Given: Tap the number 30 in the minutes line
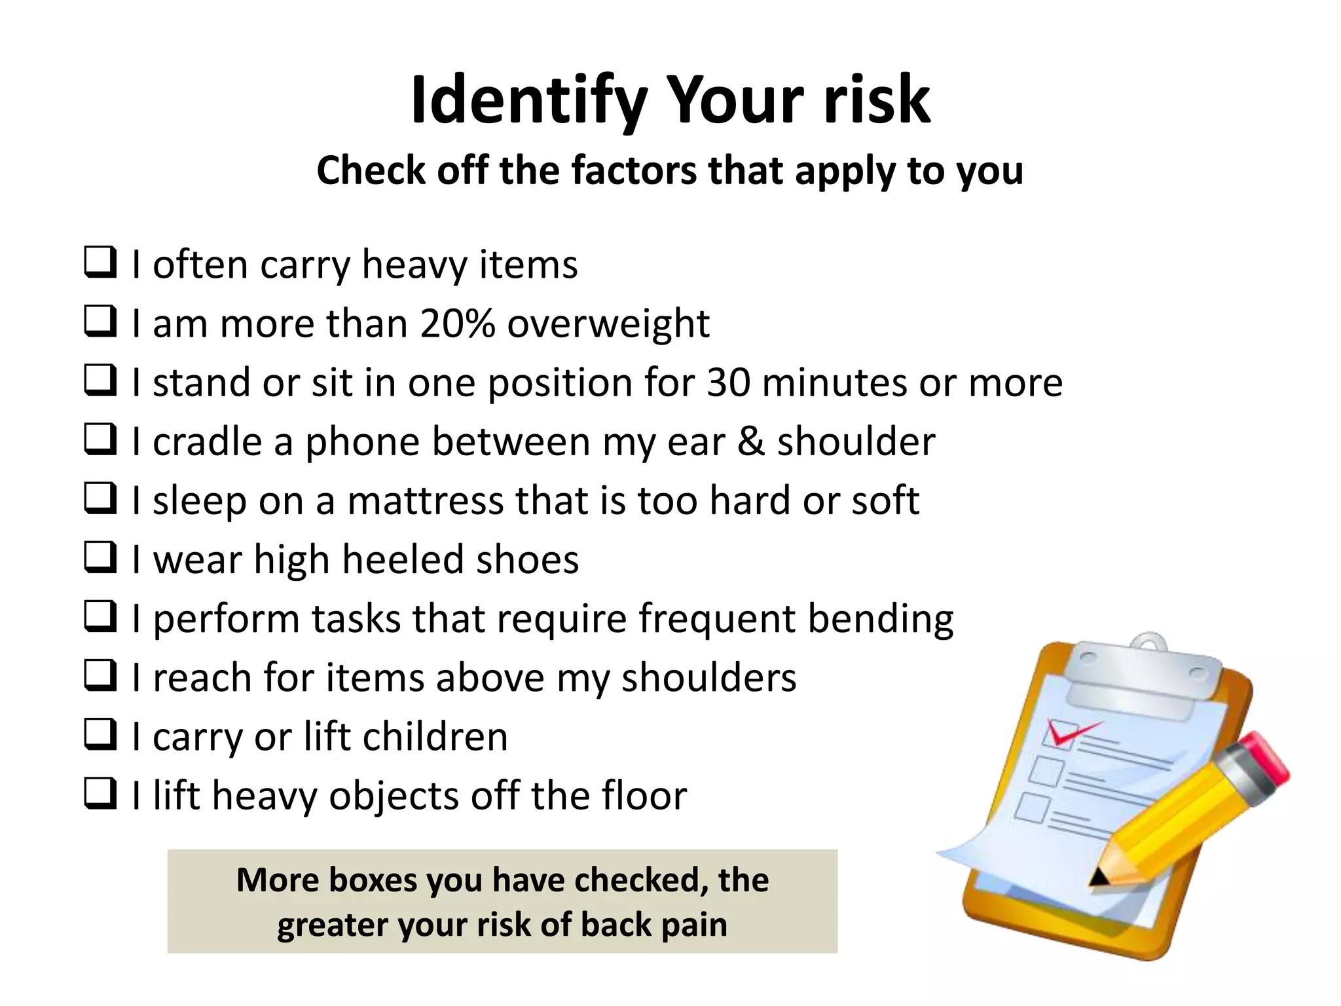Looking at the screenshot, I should pyautogui.click(x=728, y=382).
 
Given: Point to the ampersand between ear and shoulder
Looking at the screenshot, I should pyautogui.click(x=750, y=441).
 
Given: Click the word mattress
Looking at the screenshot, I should pyautogui.click(x=425, y=500).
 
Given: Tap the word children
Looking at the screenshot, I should pyautogui.click(x=435, y=737).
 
